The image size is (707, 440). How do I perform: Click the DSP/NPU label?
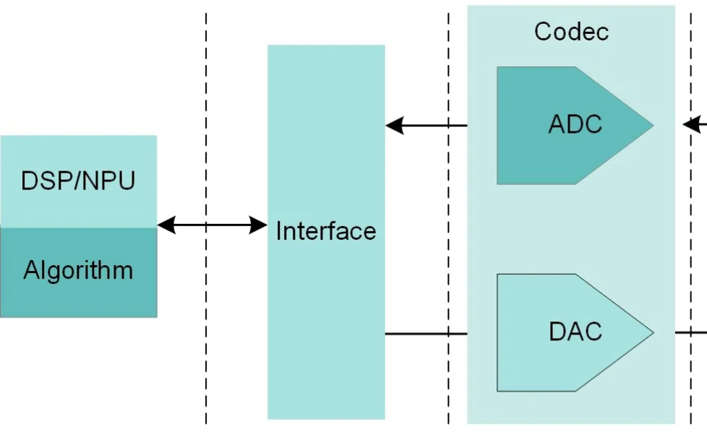point(78,181)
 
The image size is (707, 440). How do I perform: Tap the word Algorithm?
point(78,270)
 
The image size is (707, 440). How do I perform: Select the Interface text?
point(326,231)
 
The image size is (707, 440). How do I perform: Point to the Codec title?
point(571,32)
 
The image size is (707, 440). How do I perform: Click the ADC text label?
point(575,124)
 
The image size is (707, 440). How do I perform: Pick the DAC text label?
point(575,332)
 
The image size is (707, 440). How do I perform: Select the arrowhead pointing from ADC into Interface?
point(394,126)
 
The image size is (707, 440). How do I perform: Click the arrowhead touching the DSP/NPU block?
point(166,225)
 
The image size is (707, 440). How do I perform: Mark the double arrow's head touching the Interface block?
point(259,225)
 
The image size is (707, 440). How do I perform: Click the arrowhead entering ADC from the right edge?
point(691,126)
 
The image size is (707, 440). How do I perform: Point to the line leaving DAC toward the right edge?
point(690,333)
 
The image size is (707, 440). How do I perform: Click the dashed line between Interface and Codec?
point(448,217)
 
